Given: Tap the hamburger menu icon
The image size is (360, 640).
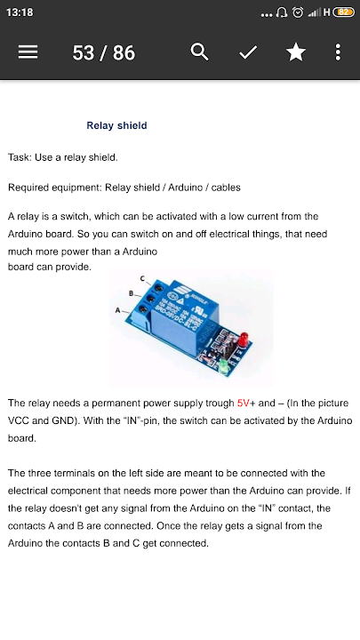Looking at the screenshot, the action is (28, 52).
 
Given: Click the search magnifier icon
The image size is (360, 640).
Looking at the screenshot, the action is (200, 52).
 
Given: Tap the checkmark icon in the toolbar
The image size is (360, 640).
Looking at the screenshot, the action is (248, 52).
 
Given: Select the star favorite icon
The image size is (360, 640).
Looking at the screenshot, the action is (296, 52).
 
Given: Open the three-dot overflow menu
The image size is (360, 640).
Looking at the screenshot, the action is (338, 52).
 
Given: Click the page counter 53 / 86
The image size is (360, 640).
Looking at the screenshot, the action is (104, 52).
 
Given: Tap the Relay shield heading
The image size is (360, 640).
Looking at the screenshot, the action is (116, 125).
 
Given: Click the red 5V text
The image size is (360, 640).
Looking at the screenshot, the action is (244, 404).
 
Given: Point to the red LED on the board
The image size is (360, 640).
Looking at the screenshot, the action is (244, 338).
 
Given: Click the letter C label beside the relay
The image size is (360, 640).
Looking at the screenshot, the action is (142, 278).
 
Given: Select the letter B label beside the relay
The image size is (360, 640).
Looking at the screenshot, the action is (131, 293).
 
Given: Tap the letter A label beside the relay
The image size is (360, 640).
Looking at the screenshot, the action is (117, 310).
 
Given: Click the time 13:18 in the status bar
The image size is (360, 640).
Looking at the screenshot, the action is (20, 12).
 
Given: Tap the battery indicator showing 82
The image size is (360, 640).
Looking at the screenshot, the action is (344, 12).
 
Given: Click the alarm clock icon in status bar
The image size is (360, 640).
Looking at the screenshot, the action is (298, 12).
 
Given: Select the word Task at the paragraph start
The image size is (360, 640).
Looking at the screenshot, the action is (19, 157).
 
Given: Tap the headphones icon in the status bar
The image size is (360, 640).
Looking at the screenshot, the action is (282, 12).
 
